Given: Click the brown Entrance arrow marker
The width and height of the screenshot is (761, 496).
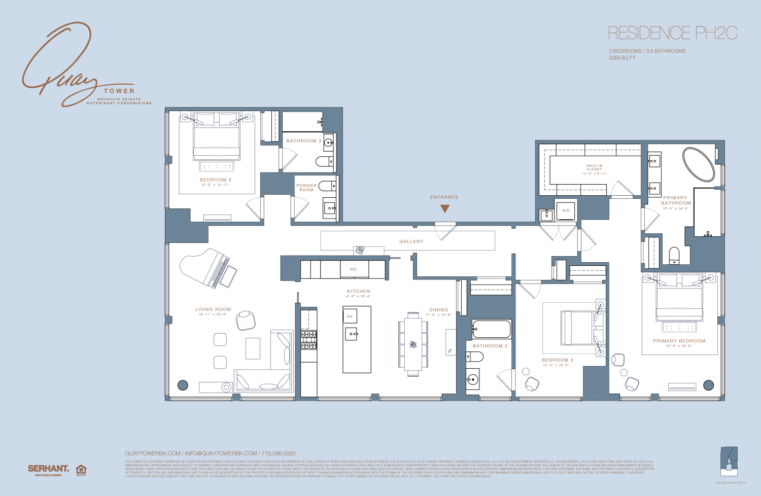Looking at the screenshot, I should tap(445, 208).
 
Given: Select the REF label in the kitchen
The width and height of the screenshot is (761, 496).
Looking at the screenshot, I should tap(354, 269).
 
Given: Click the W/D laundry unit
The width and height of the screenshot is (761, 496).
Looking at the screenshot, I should tap(566, 210).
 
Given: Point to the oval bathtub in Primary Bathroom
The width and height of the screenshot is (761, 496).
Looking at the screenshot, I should tap(699, 164).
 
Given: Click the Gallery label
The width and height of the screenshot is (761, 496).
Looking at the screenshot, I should tap(411, 241).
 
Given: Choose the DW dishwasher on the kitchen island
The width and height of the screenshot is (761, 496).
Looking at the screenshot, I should tap(350, 316).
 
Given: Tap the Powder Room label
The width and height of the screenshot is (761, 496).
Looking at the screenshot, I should tap(306, 188).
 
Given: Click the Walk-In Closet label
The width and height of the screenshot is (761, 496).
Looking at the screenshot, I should tap(594, 167).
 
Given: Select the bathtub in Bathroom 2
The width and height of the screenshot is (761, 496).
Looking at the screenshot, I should tap(492, 330).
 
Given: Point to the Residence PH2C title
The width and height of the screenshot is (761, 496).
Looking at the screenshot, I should tap(672, 33).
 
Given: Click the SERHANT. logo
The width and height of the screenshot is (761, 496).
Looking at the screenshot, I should tap(48, 469).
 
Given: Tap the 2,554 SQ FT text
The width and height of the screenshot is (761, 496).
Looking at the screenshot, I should tap(622, 58).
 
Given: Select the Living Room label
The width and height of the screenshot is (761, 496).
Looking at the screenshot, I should tap(213, 309).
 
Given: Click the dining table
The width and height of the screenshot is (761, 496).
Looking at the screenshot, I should tap(413, 344).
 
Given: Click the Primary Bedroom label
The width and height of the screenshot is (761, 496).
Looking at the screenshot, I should tap(679, 341).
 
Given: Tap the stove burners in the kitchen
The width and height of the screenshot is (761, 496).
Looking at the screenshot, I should tap(309, 340).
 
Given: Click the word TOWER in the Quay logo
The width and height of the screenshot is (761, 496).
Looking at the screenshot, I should tap(119, 91).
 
